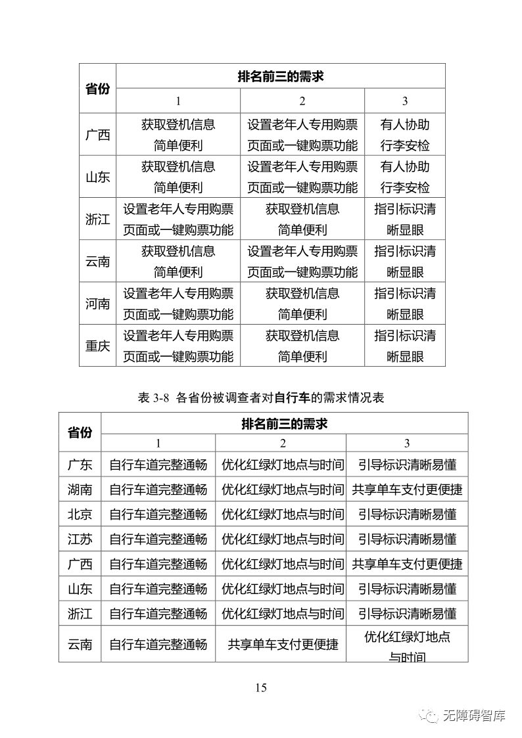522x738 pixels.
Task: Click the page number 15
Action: point(261,688)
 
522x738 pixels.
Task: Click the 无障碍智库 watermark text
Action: point(473,716)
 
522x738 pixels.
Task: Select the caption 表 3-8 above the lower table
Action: point(261,398)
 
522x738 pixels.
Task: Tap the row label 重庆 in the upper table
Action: point(97,346)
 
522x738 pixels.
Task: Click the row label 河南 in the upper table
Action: point(97,304)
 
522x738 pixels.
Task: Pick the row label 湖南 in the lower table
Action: point(80,490)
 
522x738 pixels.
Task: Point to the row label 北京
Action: point(80,514)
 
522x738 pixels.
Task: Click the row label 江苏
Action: point(80,539)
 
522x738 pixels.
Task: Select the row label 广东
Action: point(80,465)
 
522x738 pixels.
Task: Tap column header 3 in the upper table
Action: point(405,101)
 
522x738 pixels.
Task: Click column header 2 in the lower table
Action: point(282,443)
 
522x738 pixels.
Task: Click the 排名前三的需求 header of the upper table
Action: point(281,76)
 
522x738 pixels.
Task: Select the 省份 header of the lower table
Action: point(80,432)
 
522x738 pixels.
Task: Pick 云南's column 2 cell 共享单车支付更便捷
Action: point(283,644)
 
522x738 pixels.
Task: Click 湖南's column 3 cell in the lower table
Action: point(407,490)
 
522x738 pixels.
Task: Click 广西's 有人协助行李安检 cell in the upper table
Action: point(405,135)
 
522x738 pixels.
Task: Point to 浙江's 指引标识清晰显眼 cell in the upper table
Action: point(405,219)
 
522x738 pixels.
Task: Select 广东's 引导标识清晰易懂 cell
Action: point(407,465)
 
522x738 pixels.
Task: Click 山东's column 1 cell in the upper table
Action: point(178,177)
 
